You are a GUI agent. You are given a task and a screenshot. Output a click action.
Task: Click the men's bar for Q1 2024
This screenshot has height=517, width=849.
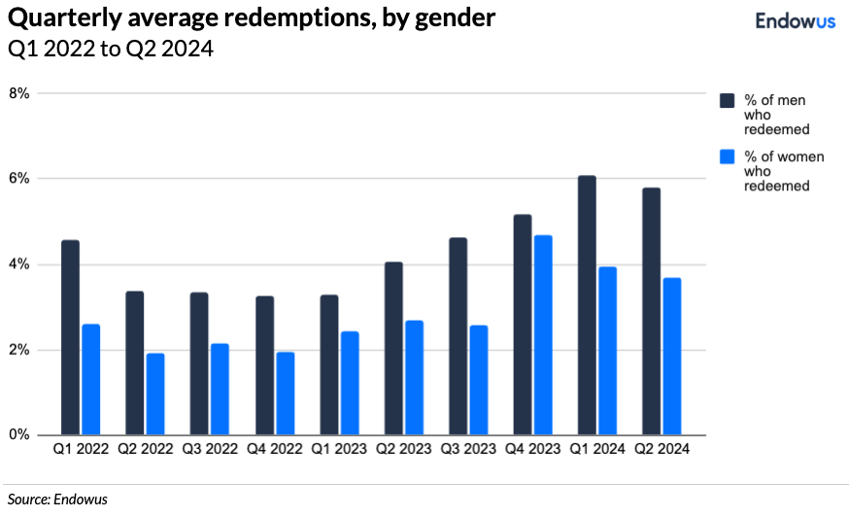click(x=587, y=305)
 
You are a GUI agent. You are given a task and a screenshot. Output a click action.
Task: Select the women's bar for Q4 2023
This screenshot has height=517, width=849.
click(x=542, y=335)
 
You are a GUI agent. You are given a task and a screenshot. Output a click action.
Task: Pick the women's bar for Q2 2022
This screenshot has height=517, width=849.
click(x=154, y=394)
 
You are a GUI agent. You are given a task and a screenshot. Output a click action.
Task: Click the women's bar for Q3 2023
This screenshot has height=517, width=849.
click(x=478, y=380)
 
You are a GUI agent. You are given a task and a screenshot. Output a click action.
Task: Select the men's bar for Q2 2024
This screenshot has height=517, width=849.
click(x=651, y=311)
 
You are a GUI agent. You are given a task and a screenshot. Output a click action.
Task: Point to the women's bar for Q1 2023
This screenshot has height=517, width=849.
click(x=349, y=383)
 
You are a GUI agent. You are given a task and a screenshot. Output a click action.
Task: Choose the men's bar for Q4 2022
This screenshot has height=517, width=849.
click(x=263, y=365)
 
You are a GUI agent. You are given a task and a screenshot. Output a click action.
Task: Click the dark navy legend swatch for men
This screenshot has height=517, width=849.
click(x=726, y=101)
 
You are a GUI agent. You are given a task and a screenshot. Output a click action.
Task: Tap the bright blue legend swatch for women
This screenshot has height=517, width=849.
click(x=726, y=157)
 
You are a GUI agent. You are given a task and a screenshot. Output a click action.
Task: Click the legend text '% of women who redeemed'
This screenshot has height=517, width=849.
click(x=777, y=171)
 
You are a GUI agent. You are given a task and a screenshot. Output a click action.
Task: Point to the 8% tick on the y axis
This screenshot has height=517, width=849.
click(x=19, y=93)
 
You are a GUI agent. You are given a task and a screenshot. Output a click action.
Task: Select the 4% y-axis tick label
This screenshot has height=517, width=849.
click(x=19, y=264)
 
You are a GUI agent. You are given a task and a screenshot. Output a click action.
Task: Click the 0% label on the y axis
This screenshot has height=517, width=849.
click(x=19, y=435)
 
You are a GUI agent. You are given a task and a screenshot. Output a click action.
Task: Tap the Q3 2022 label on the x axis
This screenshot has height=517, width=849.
click(x=210, y=450)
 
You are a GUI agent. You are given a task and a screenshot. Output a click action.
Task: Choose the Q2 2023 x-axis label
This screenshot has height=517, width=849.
click(x=403, y=450)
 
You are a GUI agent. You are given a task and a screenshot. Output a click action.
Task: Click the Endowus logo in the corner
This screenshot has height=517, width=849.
click(x=795, y=21)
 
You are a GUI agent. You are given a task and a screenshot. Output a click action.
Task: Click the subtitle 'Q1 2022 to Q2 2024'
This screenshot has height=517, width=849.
click(x=111, y=50)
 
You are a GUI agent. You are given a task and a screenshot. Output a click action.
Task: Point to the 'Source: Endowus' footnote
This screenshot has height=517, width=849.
click(x=57, y=500)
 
